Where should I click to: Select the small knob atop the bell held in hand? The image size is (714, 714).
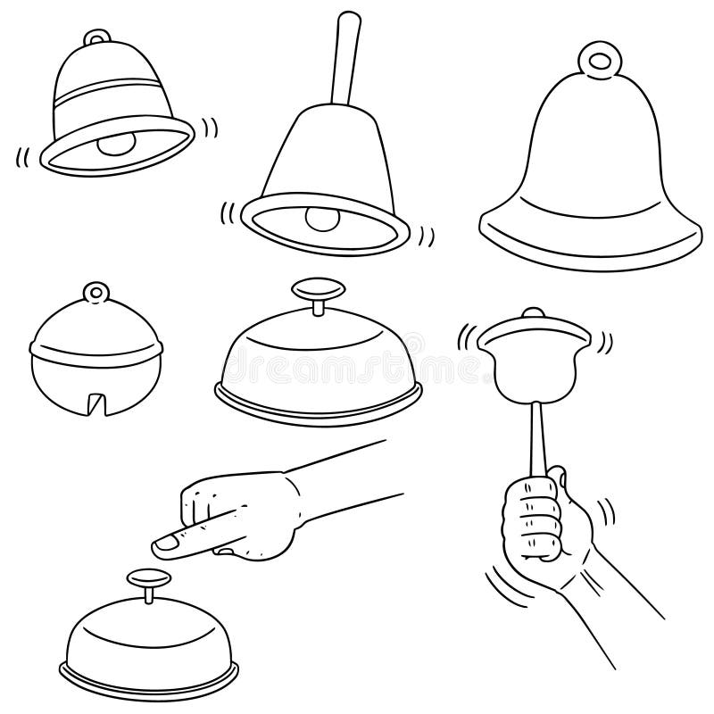532,313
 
